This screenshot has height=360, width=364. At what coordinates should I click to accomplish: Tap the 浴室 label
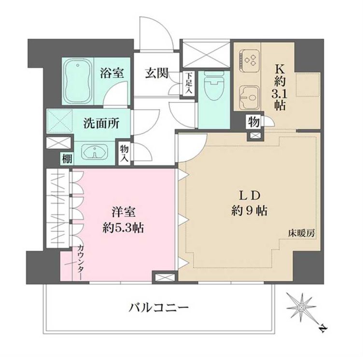click(112, 74)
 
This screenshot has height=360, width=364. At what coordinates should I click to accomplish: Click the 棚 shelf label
click(64, 158)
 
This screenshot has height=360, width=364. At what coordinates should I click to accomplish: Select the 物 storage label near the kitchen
click(253, 121)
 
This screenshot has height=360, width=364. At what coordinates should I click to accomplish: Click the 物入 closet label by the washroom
click(125, 153)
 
